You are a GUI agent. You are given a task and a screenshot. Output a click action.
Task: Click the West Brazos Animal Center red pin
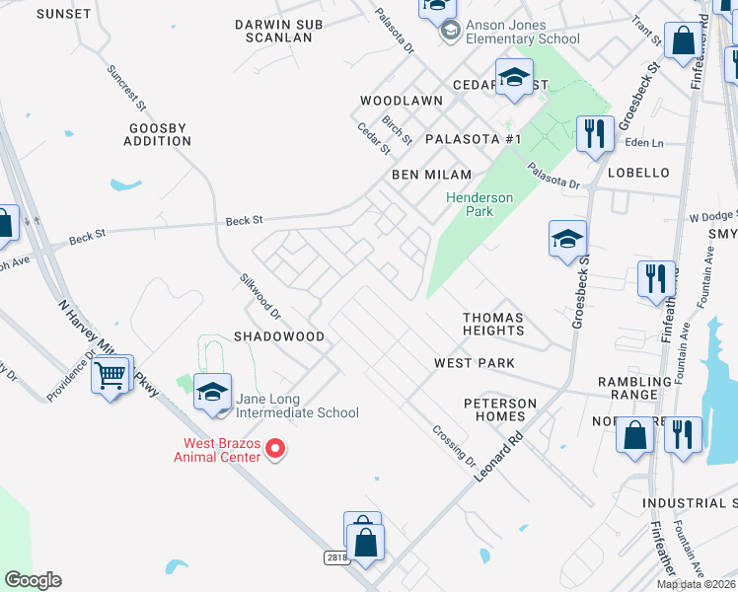276,449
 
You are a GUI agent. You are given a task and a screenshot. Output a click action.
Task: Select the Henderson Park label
480,204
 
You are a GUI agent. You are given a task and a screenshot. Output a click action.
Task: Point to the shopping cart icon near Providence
111,374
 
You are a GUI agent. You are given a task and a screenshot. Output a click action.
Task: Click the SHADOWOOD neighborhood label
279,336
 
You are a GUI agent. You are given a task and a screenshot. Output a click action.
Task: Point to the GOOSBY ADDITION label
158,134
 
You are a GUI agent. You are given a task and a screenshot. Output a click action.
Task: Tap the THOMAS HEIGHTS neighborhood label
493,324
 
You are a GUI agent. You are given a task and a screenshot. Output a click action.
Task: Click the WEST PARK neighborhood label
475,363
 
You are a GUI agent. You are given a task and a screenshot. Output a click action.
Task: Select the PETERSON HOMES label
501,409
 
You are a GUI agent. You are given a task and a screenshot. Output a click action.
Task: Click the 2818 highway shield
336,557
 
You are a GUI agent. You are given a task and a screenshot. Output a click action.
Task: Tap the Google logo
33,580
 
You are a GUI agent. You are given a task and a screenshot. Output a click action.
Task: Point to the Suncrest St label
126,88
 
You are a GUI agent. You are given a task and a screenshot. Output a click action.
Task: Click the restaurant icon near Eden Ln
593,133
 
